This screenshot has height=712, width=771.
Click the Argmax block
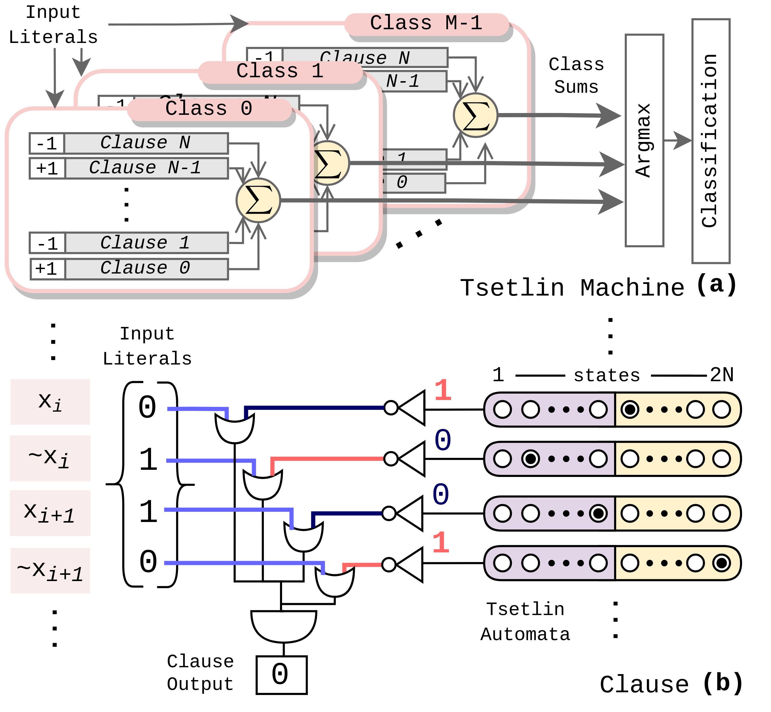644,140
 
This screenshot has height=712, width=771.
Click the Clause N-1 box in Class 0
147,168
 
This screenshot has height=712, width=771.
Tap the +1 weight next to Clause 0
47,268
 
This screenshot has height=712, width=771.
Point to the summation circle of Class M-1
475,115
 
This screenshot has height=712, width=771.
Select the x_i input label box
50,401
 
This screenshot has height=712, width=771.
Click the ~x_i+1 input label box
50,570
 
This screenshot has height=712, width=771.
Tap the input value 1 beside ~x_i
148,460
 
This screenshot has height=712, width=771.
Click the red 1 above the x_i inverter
443,390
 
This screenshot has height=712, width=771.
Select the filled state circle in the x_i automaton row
630,409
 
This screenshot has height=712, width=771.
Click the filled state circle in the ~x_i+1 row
722,563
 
